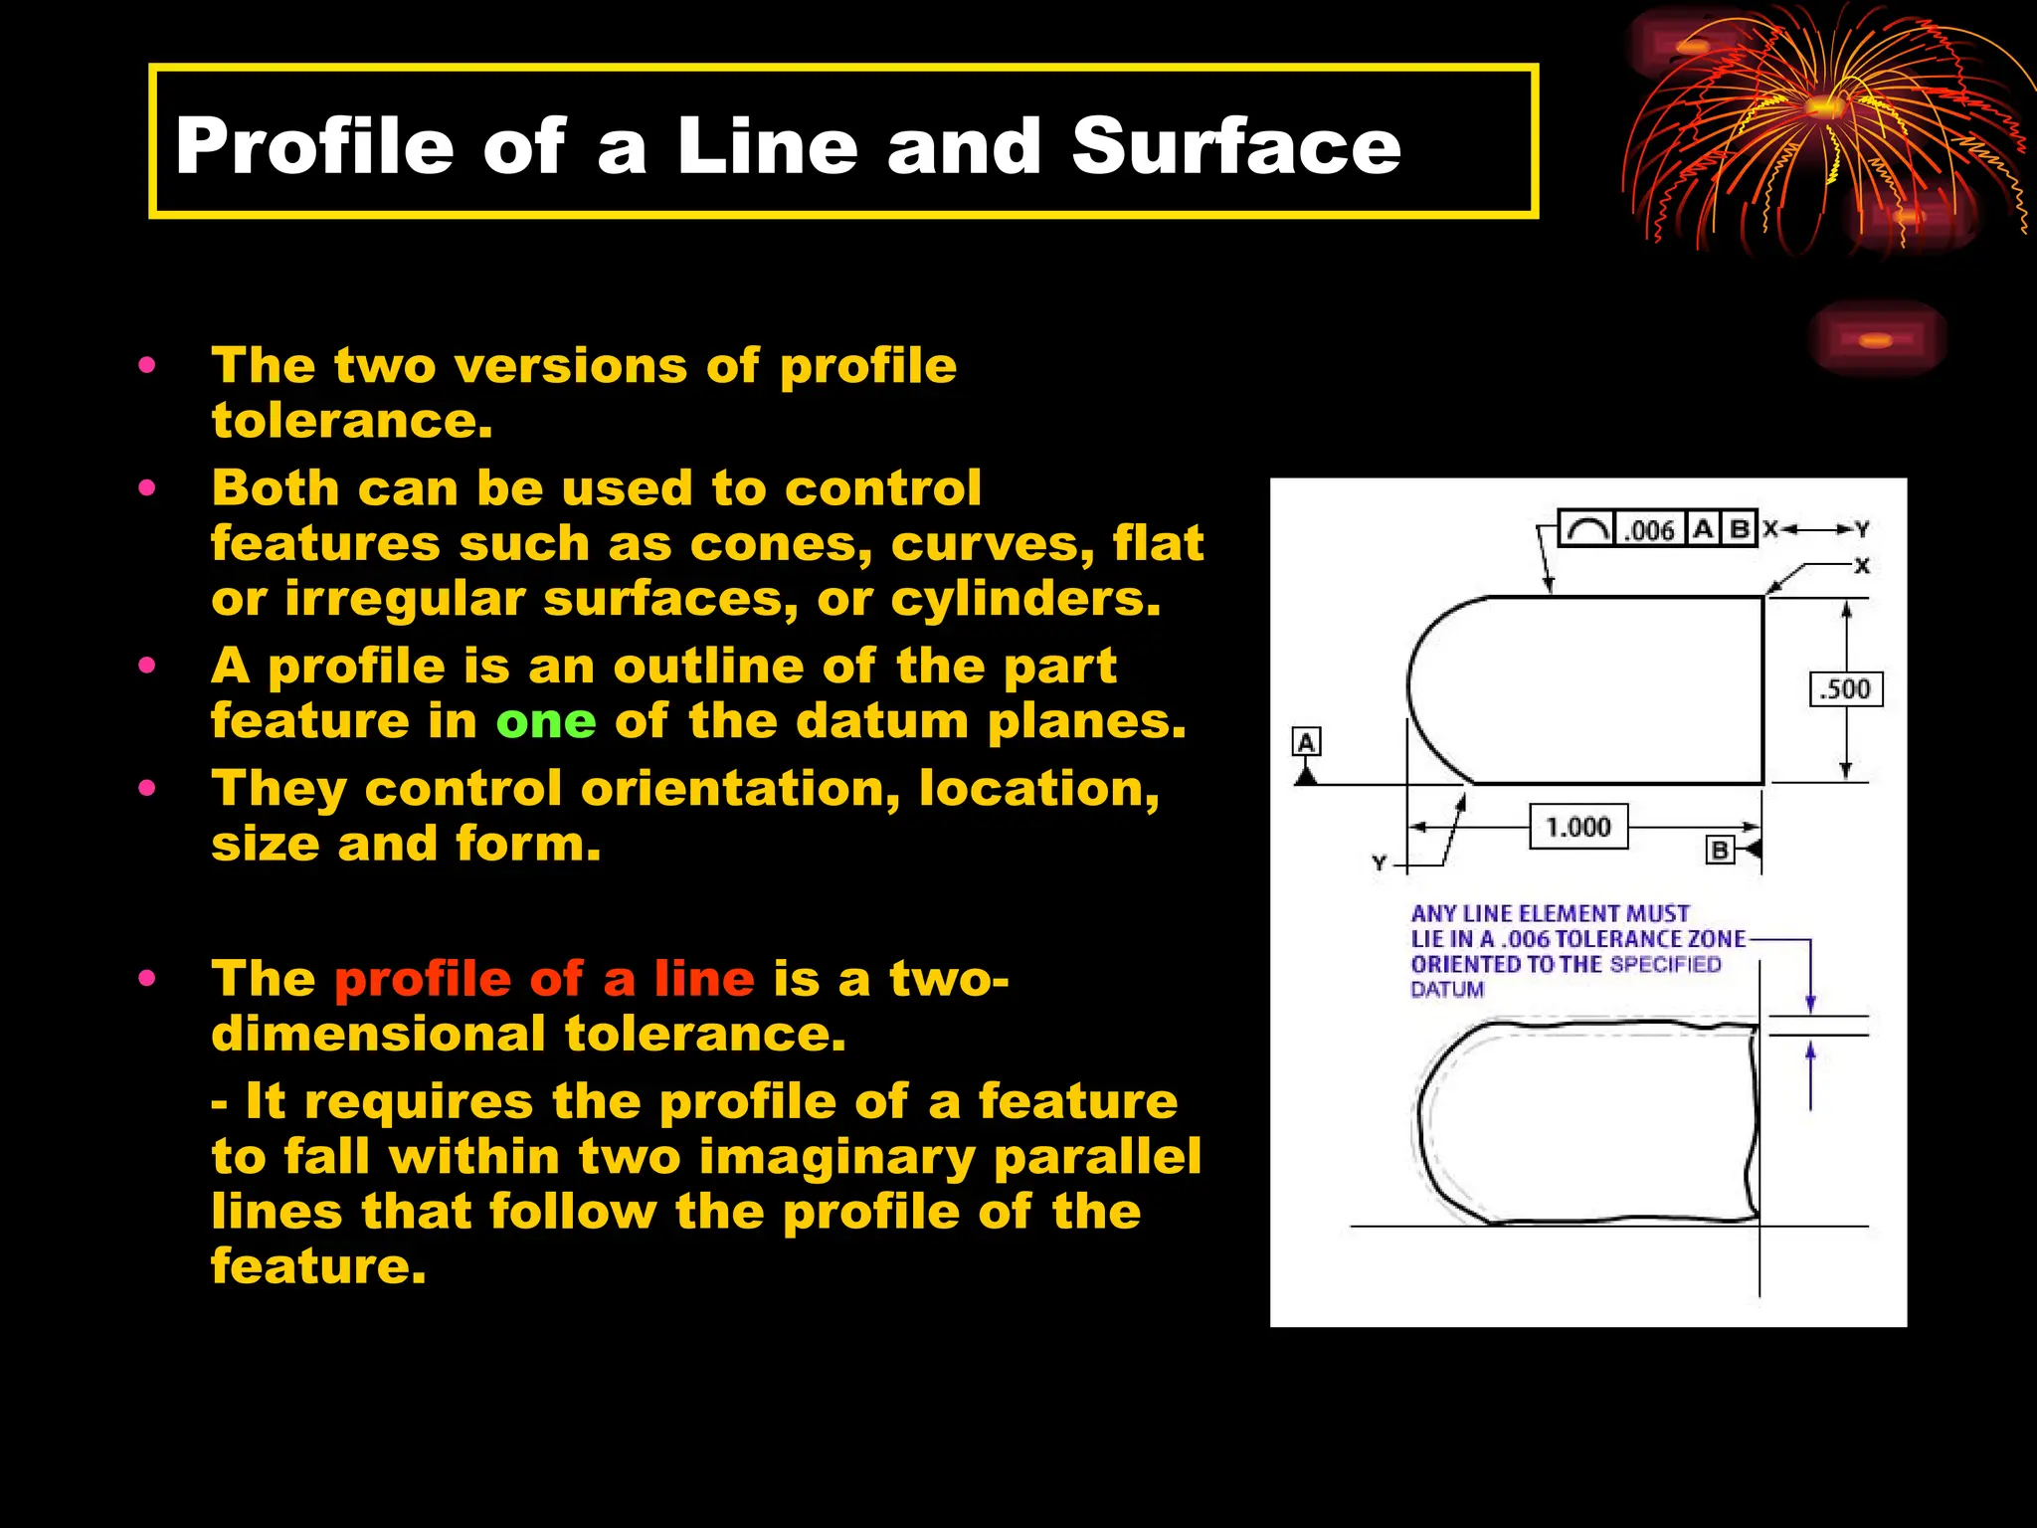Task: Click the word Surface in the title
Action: coord(1235,146)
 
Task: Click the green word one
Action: coord(546,721)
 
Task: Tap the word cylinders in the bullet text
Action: coord(1025,599)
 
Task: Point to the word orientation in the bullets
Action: coord(740,789)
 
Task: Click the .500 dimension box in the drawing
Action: coord(1845,689)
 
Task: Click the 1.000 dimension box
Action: coord(1578,827)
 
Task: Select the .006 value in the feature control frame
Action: coord(1649,530)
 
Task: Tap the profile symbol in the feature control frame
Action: coord(1586,530)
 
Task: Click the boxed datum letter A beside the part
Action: coord(1306,742)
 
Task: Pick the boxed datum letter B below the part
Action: coord(1720,851)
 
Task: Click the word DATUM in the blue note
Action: coord(1447,990)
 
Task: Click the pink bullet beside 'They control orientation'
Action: coord(147,789)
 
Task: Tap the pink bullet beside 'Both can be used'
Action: coord(147,488)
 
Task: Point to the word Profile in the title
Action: coord(314,146)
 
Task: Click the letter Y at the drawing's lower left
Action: coord(1379,863)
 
